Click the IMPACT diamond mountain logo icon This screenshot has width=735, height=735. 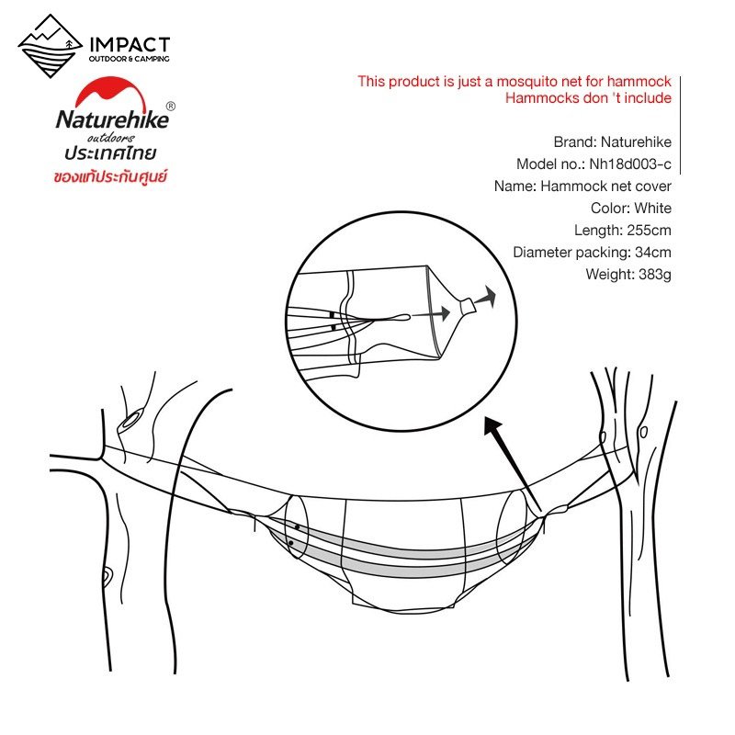51,46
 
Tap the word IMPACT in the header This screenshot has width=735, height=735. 130,45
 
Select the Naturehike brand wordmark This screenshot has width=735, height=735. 112,119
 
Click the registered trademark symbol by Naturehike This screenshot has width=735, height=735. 171,107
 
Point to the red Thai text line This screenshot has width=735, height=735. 110,176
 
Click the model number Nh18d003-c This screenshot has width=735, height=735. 630,164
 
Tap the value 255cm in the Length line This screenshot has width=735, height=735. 650,231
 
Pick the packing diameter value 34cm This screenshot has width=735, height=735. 653,252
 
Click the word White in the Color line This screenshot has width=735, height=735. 653,209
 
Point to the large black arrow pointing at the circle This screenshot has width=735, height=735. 513,464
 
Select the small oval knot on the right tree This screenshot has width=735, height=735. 644,432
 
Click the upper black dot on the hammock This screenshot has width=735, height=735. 297,527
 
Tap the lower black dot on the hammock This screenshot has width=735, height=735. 291,543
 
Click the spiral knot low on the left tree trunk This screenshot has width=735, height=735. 107,578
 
